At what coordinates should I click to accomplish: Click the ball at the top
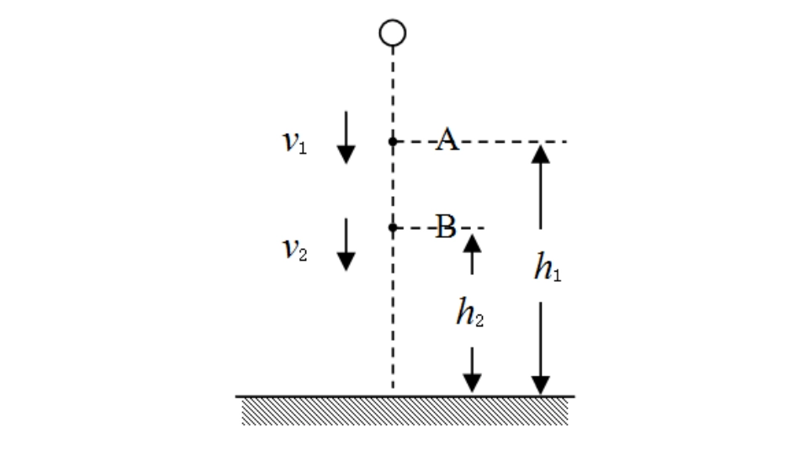tap(393, 33)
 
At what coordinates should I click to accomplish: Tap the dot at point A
tap(392, 141)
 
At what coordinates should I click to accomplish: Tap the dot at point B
tap(392, 227)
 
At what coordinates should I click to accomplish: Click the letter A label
tap(447, 141)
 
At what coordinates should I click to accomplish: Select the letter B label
tap(446, 226)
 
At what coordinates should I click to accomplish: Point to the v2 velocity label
tap(294, 249)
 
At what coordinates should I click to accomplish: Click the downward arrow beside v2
tap(346, 244)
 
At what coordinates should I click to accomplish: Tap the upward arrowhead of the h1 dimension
tap(540, 153)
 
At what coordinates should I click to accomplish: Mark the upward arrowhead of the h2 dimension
tap(472, 243)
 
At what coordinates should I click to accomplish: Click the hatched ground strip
tap(405, 410)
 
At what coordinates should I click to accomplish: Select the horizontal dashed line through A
tap(505, 141)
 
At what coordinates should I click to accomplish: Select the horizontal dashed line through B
tap(471, 227)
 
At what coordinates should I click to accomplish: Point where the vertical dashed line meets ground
tap(393, 394)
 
